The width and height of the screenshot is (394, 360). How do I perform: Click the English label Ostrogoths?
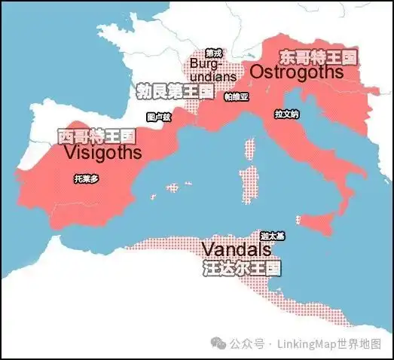click(x=297, y=72)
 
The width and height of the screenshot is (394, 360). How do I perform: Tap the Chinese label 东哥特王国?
click(x=317, y=57)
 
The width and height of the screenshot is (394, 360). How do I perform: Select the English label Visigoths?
click(x=102, y=152)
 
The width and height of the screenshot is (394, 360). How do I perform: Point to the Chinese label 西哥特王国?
click(x=96, y=136)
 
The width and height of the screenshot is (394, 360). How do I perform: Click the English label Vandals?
click(x=236, y=249)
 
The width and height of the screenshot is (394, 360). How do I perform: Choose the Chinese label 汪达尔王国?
click(x=242, y=267)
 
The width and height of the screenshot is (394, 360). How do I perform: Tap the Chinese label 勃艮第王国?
click(x=173, y=92)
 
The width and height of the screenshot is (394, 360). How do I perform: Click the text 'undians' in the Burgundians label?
click(x=214, y=76)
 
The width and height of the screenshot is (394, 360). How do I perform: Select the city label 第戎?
click(x=214, y=53)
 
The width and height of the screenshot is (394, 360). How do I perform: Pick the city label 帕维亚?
click(x=235, y=96)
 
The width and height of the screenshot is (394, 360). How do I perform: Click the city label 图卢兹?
click(x=159, y=117)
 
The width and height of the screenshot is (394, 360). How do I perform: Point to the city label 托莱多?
click(x=84, y=179)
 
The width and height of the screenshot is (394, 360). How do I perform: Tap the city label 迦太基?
click(x=273, y=236)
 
